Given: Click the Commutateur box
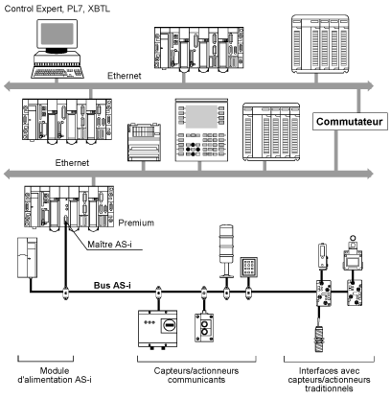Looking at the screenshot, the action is click(350, 122).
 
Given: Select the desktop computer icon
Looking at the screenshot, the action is click(57, 49).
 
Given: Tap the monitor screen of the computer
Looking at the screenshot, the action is click(57, 34).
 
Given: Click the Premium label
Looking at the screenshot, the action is click(136, 223).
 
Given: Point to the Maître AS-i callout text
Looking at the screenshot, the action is click(109, 245).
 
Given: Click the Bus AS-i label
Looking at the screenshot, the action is click(112, 285).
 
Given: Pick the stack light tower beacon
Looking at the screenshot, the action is click(226, 251).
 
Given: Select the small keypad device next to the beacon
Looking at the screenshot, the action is click(248, 267).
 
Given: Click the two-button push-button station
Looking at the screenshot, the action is click(204, 328).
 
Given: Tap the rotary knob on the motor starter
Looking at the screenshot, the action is click(169, 325).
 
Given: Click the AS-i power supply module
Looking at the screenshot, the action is click(27, 257).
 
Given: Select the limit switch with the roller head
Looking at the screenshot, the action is click(353, 253).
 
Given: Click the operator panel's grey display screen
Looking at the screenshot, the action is click(201, 116).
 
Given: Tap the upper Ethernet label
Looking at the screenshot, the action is click(125, 76).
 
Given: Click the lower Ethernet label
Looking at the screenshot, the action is click(72, 163).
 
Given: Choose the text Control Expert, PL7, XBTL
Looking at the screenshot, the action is click(57, 9).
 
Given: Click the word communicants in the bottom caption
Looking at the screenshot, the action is click(196, 380).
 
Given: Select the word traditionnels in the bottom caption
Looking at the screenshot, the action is click(329, 388).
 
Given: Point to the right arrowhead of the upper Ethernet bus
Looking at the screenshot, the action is click(370, 85).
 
